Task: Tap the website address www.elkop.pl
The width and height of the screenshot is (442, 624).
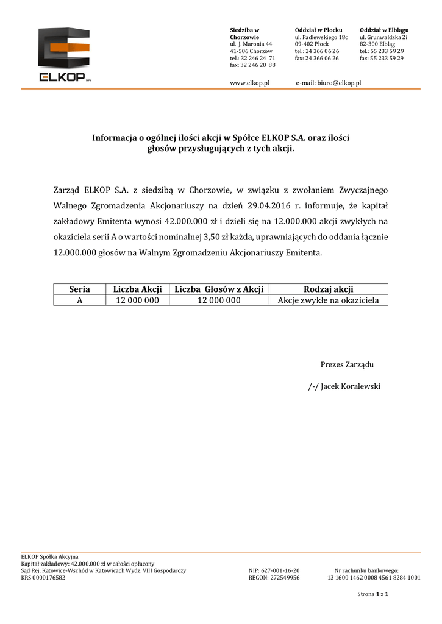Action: (249, 82)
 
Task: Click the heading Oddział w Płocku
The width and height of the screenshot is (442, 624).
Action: (318, 30)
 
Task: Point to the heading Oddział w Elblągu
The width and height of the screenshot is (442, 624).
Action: (384, 30)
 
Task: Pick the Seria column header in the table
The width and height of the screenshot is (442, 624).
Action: (79, 289)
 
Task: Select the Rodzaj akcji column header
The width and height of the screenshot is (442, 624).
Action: (328, 289)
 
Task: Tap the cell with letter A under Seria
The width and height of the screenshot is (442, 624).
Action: (79, 300)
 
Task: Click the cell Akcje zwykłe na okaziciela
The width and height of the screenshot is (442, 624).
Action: (328, 300)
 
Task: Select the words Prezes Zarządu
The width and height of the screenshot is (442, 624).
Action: (347, 364)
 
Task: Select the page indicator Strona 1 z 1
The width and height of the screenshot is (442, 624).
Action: (373, 594)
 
